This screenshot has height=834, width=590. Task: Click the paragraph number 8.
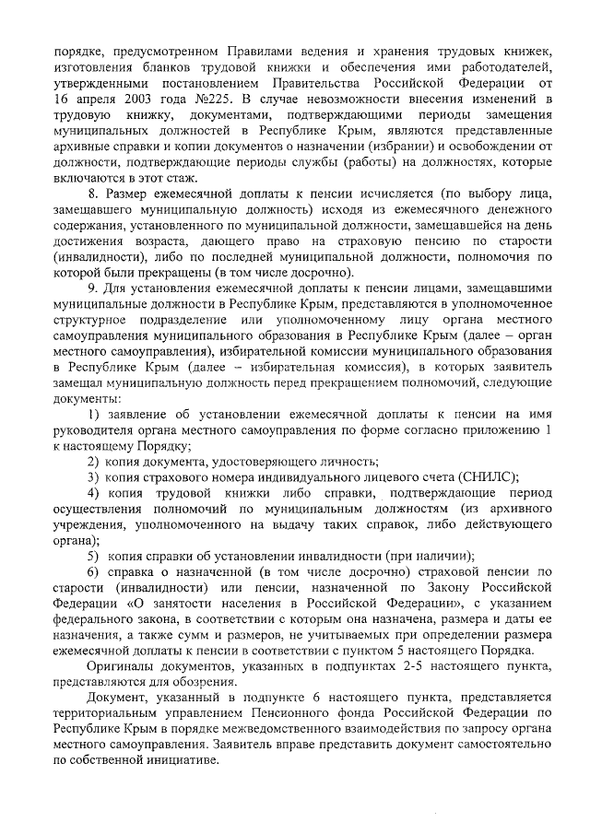tap(91, 196)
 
